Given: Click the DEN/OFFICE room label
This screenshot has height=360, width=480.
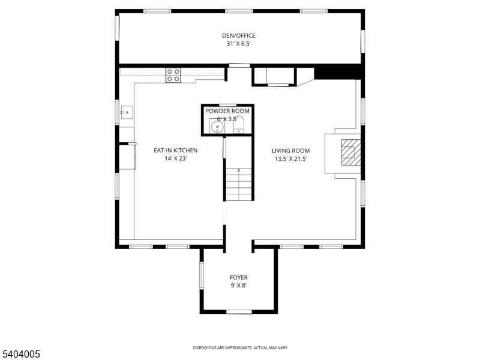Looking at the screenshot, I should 238,35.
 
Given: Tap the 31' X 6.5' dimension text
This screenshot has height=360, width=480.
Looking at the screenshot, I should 238,44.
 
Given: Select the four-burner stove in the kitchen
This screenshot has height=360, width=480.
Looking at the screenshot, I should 173,75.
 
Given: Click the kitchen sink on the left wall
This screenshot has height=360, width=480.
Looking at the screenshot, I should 127,111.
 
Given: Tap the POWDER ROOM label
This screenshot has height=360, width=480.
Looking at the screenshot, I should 227,111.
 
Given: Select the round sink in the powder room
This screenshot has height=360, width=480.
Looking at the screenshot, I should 217,128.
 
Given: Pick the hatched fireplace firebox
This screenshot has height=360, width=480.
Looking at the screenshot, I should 349,152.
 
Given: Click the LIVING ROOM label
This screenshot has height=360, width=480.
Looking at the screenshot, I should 290,151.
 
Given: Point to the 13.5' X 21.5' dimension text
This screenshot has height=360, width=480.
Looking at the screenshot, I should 290,159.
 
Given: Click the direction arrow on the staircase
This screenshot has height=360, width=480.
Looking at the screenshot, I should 238,171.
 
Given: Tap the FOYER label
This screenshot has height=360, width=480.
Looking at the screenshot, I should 238,277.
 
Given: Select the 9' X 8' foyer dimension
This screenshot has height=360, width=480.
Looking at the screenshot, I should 238,286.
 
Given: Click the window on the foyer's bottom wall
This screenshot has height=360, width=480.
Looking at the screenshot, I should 239,311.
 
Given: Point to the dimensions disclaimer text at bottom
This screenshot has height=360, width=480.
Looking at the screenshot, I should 239,348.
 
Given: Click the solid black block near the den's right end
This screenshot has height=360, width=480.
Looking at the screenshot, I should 338,73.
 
